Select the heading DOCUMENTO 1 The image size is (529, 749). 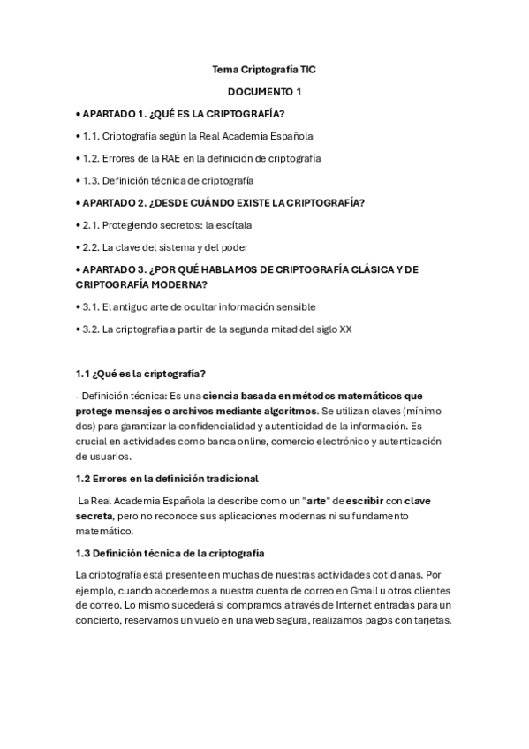pos(264,91)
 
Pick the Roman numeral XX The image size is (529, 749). pos(345,329)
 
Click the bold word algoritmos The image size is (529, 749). pos(285,411)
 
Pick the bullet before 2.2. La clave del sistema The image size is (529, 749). pos(78,246)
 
